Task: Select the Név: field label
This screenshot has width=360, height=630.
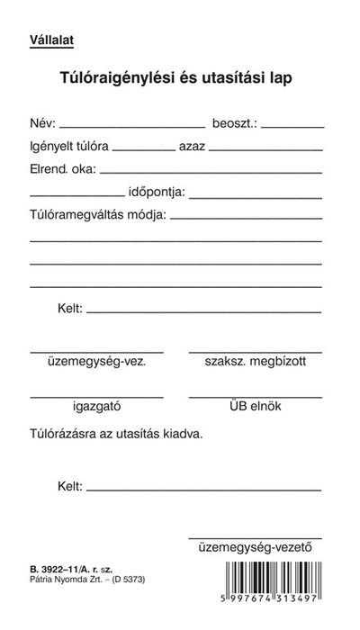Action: [43, 122]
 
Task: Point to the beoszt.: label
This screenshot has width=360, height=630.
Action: [234, 122]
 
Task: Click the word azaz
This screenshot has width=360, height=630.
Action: [194, 145]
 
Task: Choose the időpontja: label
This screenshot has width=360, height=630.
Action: [157, 191]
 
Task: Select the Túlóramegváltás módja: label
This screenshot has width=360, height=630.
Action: [97, 215]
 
